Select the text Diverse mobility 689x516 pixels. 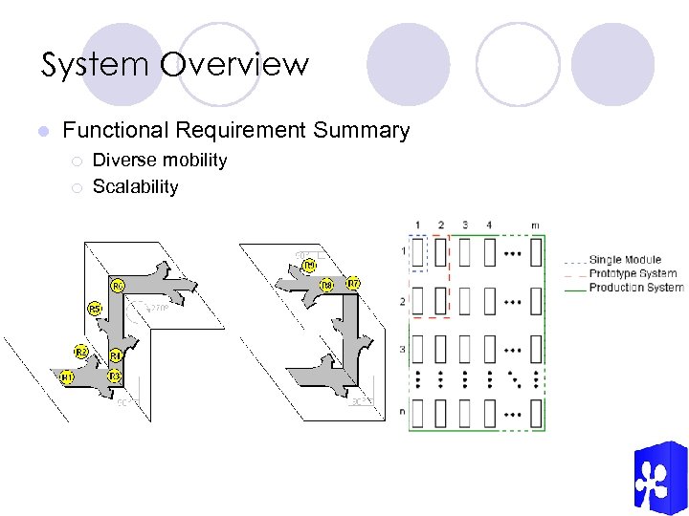pyautogui.click(x=160, y=160)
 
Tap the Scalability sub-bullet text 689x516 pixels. pyautogui.click(x=135, y=186)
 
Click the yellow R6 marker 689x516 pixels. pyautogui.click(x=118, y=286)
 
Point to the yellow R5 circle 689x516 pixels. pyautogui.click(x=95, y=310)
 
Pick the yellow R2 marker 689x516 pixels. pyautogui.click(x=81, y=353)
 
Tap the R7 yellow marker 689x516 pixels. pyautogui.click(x=353, y=284)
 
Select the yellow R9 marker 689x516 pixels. pyautogui.click(x=309, y=265)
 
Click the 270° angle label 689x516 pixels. pyautogui.click(x=158, y=308)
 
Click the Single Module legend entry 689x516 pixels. pyautogui.click(x=624, y=260)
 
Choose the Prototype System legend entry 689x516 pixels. pyautogui.click(x=633, y=273)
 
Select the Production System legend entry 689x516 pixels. pyautogui.click(x=635, y=287)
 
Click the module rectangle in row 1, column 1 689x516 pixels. pyautogui.click(x=417, y=252)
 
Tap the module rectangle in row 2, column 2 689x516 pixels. pyautogui.click(x=440, y=302)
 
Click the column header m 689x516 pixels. pyautogui.click(x=535, y=226)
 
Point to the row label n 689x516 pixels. pyautogui.click(x=403, y=413)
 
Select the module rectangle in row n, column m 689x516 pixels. pyautogui.click(x=535, y=413)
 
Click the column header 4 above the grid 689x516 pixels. pyautogui.click(x=489, y=226)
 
